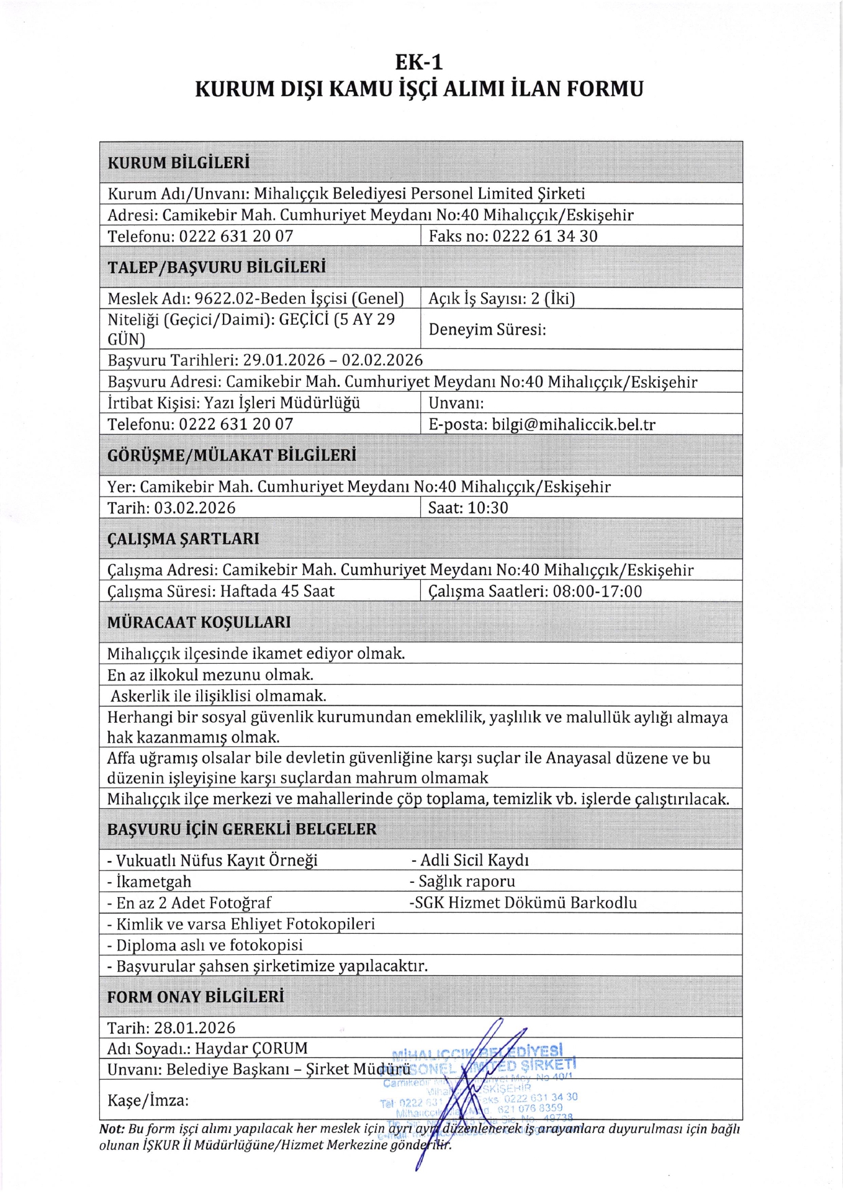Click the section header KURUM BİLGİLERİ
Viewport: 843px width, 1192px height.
tap(179, 163)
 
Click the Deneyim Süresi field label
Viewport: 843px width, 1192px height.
tap(487, 330)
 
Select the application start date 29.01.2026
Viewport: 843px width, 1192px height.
tap(284, 361)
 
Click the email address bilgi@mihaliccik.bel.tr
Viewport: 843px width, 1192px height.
tap(574, 425)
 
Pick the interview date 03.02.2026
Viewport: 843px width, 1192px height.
tap(195, 508)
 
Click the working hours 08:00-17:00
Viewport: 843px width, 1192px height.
tap(597, 591)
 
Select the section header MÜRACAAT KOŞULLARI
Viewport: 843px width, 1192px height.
tap(199, 622)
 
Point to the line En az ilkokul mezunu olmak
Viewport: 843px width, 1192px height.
tap(210, 675)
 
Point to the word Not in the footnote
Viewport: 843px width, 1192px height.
tap(112, 1129)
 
